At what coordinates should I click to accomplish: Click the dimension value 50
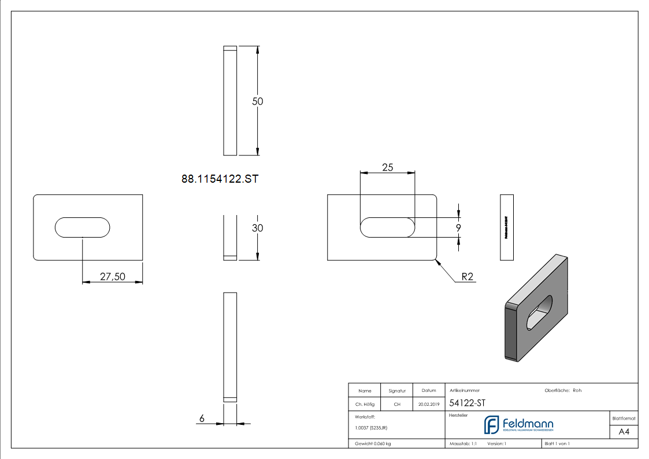click(258, 101)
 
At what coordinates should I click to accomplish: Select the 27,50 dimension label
click(112, 277)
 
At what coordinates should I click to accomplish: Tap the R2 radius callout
click(467, 277)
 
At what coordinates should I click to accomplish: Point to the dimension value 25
click(387, 167)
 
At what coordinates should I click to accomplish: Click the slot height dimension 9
click(458, 228)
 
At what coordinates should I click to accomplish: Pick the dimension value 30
click(257, 228)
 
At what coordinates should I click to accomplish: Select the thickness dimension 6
click(202, 419)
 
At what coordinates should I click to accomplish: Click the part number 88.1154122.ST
click(220, 179)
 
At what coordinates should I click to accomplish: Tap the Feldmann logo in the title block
click(518, 425)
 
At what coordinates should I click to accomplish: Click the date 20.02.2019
click(429, 405)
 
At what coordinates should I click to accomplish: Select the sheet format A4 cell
click(624, 432)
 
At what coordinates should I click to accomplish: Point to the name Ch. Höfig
click(365, 405)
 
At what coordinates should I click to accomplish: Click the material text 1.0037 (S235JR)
click(371, 427)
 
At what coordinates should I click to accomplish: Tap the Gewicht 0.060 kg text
click(373, 443)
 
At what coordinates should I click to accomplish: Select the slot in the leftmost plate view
click(83, 227)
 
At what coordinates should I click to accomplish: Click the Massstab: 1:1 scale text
click(463, 443)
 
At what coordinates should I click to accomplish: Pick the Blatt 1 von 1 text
click(557, 443)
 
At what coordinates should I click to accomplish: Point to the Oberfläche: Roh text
click(563, 390)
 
